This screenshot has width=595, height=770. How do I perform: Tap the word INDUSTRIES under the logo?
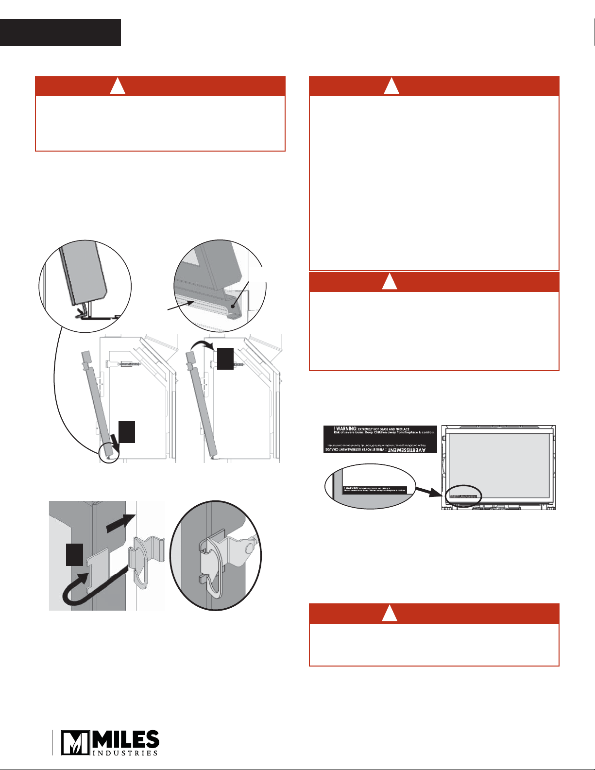pos(125,753)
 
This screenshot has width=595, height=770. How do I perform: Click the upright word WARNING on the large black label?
pos(346,429)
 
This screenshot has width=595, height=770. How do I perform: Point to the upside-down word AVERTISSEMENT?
pos(402,450)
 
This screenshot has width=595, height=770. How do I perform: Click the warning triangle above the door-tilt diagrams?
pos(118,86)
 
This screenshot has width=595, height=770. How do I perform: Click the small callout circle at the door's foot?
pos(109,453)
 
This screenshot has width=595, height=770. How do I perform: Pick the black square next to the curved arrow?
pos(225,359)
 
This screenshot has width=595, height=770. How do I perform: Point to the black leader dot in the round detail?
pos(234,307)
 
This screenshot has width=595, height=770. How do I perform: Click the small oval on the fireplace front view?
pos(464,495)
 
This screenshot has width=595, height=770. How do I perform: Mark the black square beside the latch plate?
pos(74,555)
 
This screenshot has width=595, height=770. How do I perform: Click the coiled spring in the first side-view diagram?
pos(126,363)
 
